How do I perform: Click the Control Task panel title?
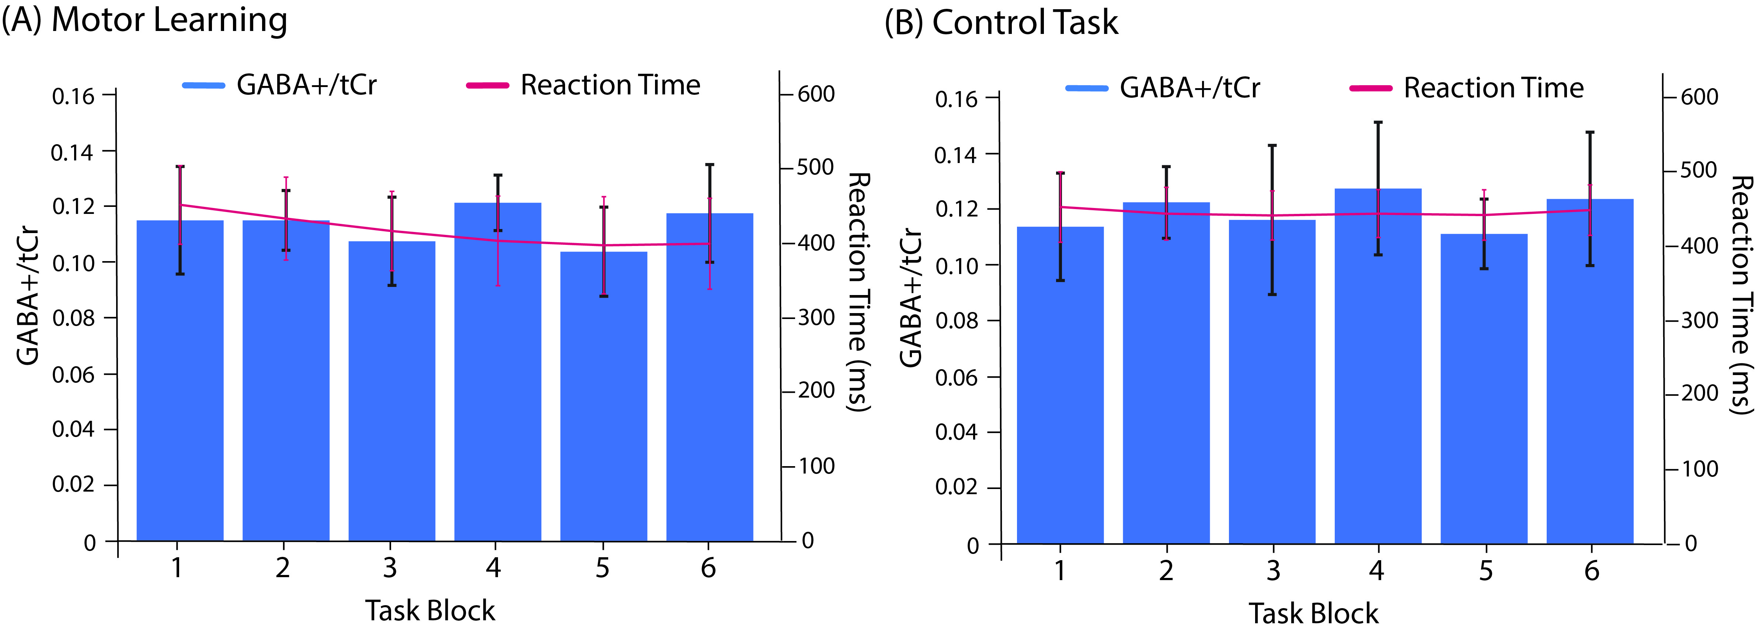[x=1001, y=22]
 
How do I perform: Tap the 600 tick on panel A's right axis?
[x=816, y=94]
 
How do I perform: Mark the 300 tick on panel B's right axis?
[x=1700, y=320]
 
